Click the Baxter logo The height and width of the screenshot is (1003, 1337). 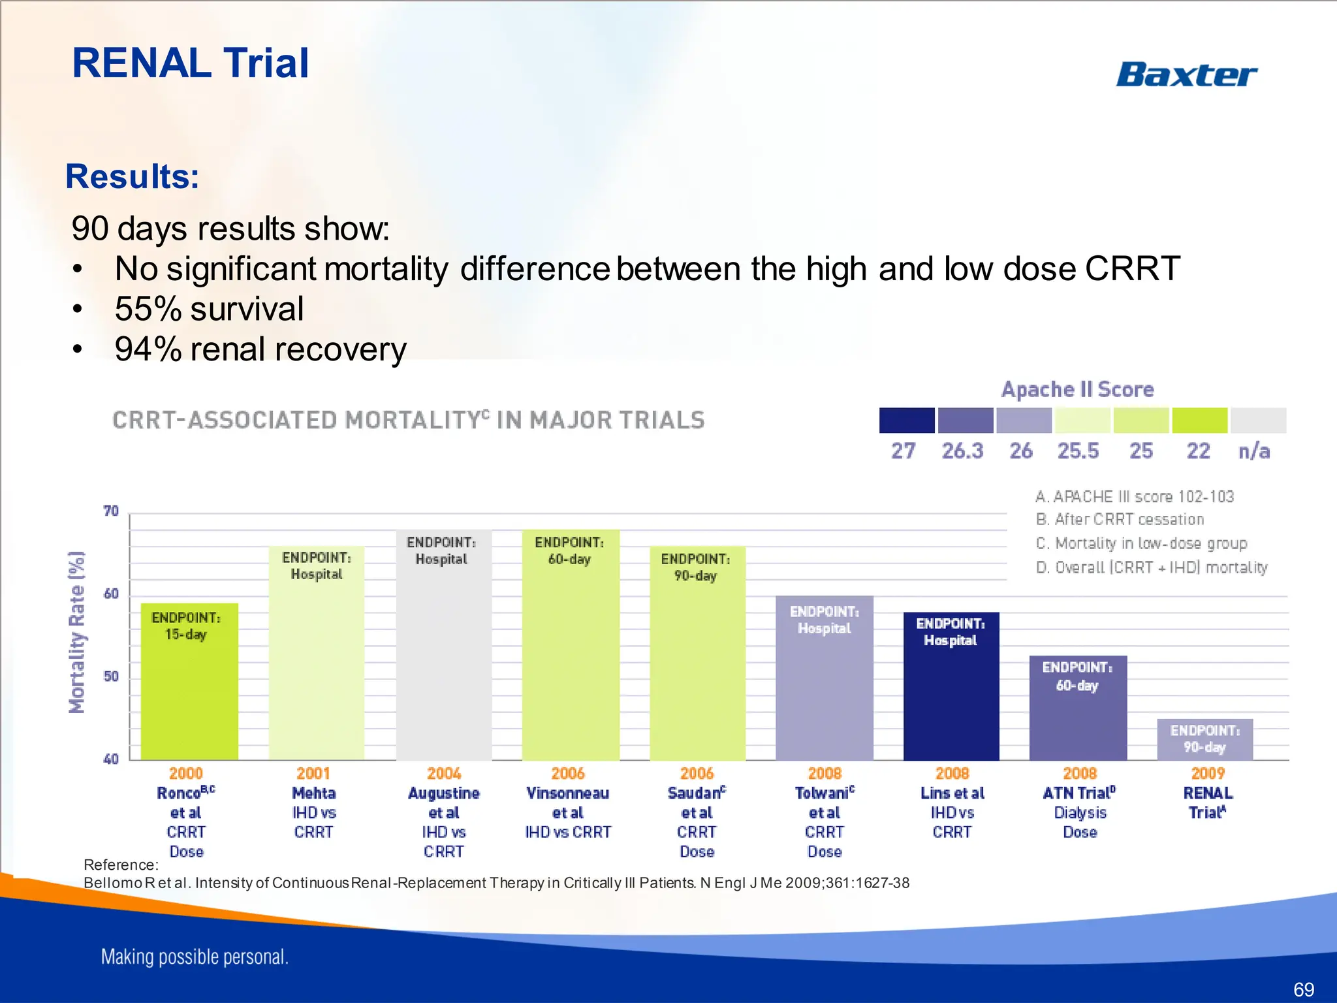click(1186, 74)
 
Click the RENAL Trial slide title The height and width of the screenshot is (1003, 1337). click(190, 63)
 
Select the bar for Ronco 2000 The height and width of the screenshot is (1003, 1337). click(189, 692)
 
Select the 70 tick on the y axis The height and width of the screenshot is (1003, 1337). click(112, 511)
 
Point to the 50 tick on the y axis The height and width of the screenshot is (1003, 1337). click(112, 677)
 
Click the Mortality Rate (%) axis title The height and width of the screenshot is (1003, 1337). click(77, 632)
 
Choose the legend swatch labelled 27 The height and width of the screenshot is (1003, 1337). click(907, 421)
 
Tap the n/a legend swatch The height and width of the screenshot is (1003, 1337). click(1258, 421)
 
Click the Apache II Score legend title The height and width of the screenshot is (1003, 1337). click(1078, 390)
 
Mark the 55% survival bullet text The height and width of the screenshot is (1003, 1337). click(209, 309)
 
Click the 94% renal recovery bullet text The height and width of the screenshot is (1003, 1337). click(260, 349)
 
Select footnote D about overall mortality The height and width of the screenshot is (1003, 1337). click(1152, 567)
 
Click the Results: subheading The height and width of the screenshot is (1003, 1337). click(133, 176)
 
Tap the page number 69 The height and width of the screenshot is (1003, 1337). click(1303, 989)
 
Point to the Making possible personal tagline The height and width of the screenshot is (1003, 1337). click(195, 957)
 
